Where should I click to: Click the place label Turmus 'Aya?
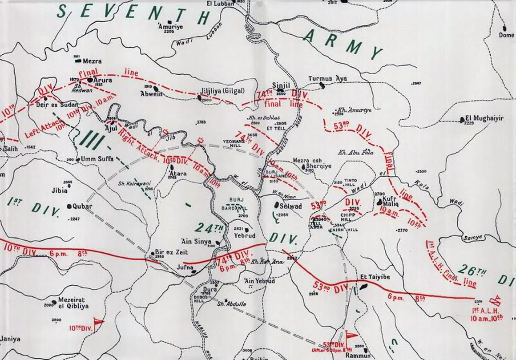(x=327, y=79)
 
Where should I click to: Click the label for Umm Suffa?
(x=97, y=158)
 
